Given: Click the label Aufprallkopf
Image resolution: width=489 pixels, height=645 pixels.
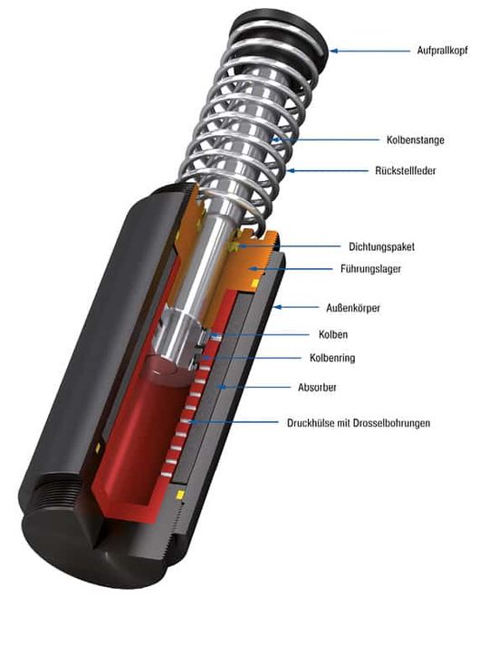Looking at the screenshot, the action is [x=442, y=51].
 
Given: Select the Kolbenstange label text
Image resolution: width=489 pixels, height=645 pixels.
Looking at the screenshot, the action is [x=416, y=140].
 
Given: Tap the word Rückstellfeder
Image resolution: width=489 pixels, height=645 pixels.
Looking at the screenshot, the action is [x=405, y=170].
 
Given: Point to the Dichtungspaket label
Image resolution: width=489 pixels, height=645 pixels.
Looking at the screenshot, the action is [x=381, y=246].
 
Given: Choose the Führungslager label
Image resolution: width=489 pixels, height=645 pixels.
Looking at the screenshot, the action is [x=370, y=269].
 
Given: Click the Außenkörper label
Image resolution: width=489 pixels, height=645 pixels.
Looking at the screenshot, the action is [x=353, y=308].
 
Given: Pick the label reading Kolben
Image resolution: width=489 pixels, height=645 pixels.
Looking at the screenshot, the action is [x=333, y=334].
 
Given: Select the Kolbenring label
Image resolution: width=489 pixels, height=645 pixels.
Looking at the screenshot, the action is [x=332, y=358].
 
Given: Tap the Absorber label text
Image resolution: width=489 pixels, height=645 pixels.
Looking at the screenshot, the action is [x=317, y=387].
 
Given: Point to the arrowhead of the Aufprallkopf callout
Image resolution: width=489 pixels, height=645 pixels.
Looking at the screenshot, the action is [x=334, y=51].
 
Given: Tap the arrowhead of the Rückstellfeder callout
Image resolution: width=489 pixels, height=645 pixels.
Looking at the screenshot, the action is [x=291, y=170].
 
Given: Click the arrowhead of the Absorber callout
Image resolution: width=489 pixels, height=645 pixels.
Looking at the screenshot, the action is [x=222, y=387].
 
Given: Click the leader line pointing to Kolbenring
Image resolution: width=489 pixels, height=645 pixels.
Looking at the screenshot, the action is [x=252, y=359].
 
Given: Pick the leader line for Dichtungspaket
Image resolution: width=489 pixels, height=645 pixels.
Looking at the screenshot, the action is [x=291, y=246].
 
